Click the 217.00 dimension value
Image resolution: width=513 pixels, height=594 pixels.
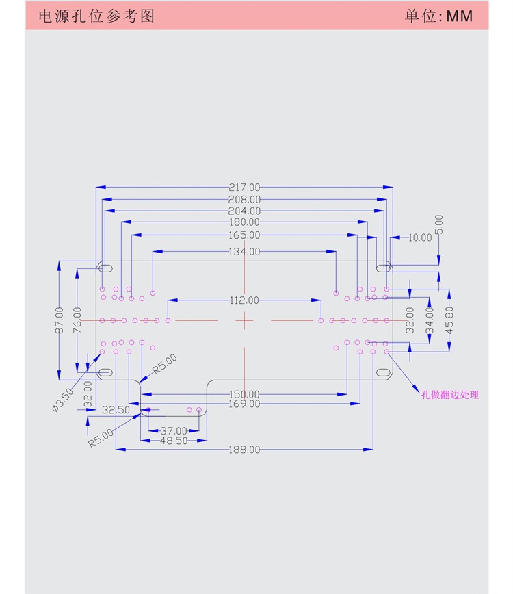244,187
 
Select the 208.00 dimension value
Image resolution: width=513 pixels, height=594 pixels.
244,199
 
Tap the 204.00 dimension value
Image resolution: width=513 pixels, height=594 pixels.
244,211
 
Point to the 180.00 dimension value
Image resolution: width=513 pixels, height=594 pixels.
244,222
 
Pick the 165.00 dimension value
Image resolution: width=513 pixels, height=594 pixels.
244,235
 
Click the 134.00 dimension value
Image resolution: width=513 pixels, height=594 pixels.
244,252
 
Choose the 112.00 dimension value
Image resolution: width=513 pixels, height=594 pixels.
244,300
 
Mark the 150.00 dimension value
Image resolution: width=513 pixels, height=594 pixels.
244,394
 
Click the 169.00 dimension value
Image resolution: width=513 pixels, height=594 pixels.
244,404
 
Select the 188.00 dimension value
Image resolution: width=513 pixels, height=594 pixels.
244,450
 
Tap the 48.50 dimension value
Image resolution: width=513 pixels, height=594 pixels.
174,441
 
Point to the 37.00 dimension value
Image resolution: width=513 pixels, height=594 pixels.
174,430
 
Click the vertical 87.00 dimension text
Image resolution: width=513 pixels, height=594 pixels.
60,320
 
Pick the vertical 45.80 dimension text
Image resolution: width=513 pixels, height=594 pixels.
449,319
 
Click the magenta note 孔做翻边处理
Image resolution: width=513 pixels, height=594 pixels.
450,395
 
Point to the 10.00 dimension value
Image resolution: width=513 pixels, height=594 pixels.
420,237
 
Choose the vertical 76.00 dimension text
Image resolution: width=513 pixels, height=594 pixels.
77,320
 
